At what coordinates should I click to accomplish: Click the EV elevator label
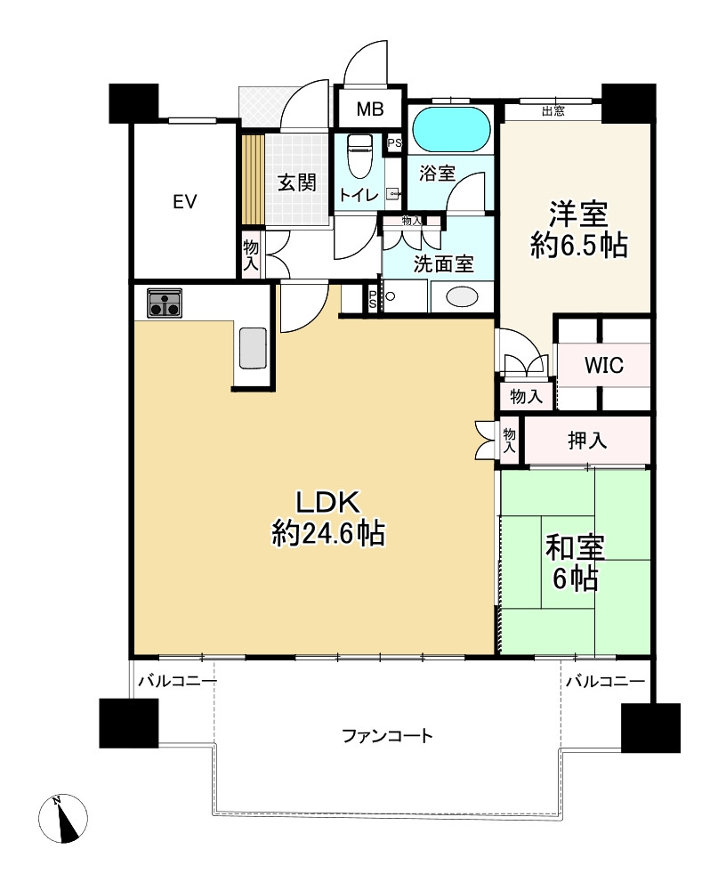point(185,201)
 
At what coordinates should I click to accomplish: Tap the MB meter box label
point(369,109)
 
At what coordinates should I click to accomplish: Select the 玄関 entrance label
point(297,182)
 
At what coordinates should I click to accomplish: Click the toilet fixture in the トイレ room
point(359,156)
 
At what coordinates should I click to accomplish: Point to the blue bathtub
point(450,129)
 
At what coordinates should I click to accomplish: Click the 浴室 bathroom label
point(437,174)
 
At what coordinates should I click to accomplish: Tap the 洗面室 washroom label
point(443,264)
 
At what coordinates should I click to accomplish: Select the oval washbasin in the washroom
point(462,297)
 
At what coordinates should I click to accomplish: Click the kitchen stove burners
point(165,303)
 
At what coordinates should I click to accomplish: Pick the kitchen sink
point(253,348)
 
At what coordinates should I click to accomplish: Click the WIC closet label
point(604,365)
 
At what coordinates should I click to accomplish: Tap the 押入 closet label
point(587,441)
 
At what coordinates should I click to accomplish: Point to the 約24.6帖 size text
point(328,533)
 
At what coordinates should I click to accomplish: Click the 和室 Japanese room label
point(575,547)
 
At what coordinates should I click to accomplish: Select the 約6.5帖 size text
point(578,246)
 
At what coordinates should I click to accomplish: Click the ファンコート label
point(387,736)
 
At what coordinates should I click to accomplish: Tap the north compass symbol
point(63,818)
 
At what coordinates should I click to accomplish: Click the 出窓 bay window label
point(553,111)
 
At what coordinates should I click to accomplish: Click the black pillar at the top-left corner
point(133,103)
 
